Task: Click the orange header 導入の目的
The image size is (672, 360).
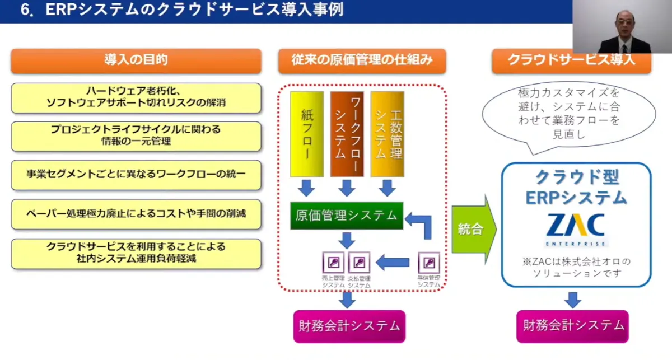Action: pos(136,60)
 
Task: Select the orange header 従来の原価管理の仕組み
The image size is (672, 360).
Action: pos(362,60)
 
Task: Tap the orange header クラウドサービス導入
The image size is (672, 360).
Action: pos(571,60)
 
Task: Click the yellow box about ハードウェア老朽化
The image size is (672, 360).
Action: pos(136,98)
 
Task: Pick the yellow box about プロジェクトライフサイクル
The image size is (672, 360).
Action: pos(136,136)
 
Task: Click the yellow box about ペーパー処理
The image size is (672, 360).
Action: pos(136,214)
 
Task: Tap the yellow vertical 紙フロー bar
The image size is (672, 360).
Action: pos(306,134)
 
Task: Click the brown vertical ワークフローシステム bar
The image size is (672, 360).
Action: pos(347,134)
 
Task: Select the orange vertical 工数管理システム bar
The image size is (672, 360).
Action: pos(387,134)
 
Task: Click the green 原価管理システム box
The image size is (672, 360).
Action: pos(347,216)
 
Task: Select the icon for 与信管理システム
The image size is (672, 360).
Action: pos(429,263)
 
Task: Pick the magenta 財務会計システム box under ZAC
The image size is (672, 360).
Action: pos(573,325)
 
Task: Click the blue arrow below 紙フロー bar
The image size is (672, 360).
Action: pos(306,188)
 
